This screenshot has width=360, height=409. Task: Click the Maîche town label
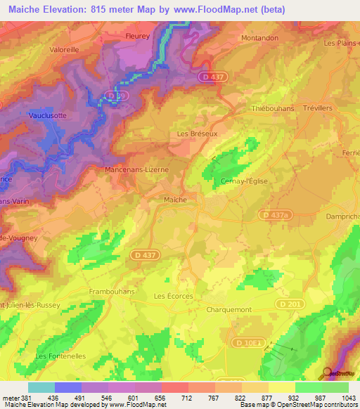click(175, 200)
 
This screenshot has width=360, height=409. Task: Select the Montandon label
click(260, 37)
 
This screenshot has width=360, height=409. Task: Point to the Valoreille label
click(65, 49)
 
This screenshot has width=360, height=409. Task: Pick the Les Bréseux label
click(193, 134)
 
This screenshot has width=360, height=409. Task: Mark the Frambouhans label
click(112, 290)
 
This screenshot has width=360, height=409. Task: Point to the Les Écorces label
click(173, 297)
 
